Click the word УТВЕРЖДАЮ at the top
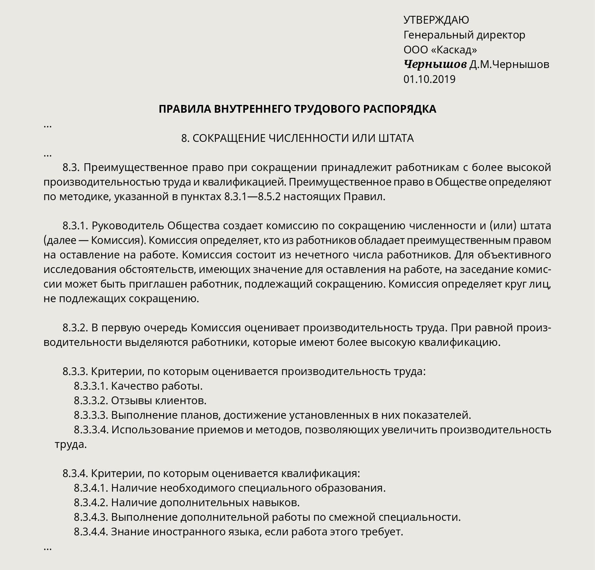(436, 20)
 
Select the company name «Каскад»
(454, 50)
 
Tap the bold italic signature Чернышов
(435, 64)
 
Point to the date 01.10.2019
(429, 79)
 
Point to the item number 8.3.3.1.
(91, 386)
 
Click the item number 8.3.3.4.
(91, 430)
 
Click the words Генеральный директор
(464, 35)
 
